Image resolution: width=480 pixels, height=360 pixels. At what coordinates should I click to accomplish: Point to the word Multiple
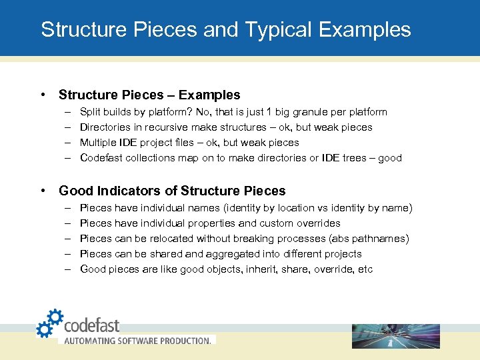98,143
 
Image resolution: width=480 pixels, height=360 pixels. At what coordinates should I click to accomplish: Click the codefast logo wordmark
92,325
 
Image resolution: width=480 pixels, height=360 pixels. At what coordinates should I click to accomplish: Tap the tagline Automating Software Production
136,340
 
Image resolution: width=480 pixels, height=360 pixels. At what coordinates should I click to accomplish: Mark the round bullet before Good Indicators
43,191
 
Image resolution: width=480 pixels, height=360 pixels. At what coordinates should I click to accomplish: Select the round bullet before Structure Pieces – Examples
43,95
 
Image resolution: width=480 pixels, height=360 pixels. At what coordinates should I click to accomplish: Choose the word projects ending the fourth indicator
343,254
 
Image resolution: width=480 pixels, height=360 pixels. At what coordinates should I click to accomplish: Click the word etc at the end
366,269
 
